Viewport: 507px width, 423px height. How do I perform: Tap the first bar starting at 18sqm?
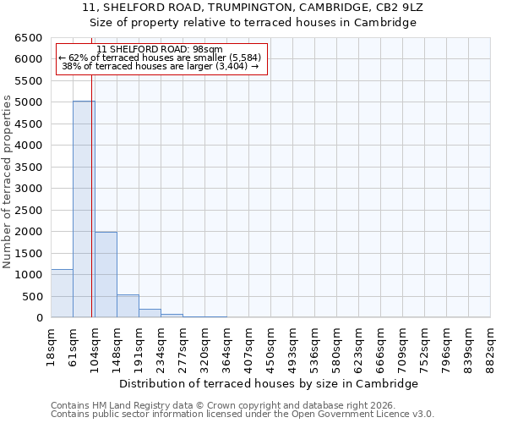coord(62,294)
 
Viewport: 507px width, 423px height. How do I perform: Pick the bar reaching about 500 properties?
coord(128,306)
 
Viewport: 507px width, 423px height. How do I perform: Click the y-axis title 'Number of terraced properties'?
coord(8,182)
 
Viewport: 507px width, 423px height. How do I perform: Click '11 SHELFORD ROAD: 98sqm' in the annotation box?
coord(160,49)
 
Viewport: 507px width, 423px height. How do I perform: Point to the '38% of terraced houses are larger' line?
coord(160,66)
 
